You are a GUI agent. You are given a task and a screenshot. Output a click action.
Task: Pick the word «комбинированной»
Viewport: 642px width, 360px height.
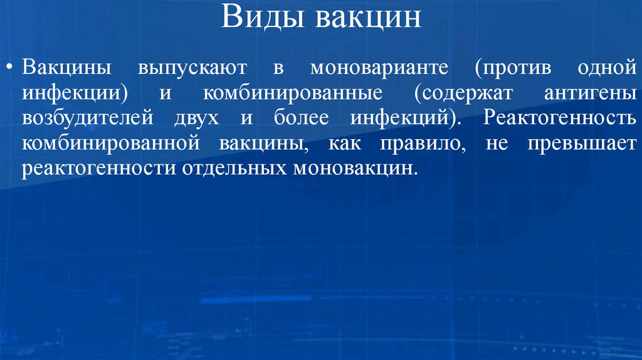click(x=110, y=144)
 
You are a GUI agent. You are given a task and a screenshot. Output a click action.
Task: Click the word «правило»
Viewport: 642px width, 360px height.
click(x=418, y=144)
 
